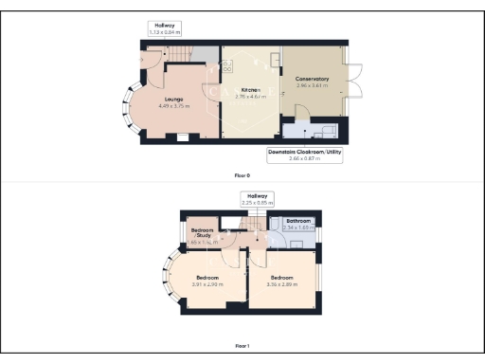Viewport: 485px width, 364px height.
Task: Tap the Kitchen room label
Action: click(x=250, y=90)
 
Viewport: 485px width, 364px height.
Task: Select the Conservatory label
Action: click(x=312, y=80)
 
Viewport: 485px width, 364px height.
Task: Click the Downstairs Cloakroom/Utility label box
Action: click(x=304, y=153)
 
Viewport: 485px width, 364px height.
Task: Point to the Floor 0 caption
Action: click(x=242, y=176)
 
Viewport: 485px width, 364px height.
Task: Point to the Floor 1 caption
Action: click(x=242, y=346)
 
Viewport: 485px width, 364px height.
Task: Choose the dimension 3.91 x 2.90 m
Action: click(x=207, y=284)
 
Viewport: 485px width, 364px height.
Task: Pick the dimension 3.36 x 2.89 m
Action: click(x=282, y=284)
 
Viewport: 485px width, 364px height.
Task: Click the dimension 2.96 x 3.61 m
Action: click(x=312, y=85)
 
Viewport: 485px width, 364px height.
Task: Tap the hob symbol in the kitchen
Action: click(x=227, y=67)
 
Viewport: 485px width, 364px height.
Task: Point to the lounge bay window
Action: click(x=126, y=103)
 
